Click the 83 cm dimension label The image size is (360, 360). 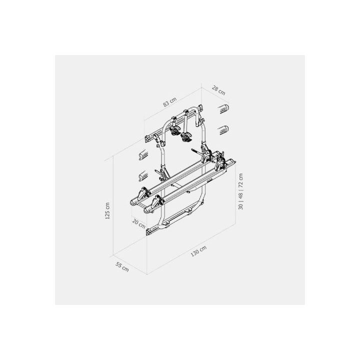point(170,102)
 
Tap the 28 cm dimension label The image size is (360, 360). point(218,90)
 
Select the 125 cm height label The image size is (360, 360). point(107,211)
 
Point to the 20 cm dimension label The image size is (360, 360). point(139,223)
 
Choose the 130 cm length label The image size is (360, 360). point(198,251)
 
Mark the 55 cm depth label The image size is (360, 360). point(122,267)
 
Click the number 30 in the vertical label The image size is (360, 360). point(240,206)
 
